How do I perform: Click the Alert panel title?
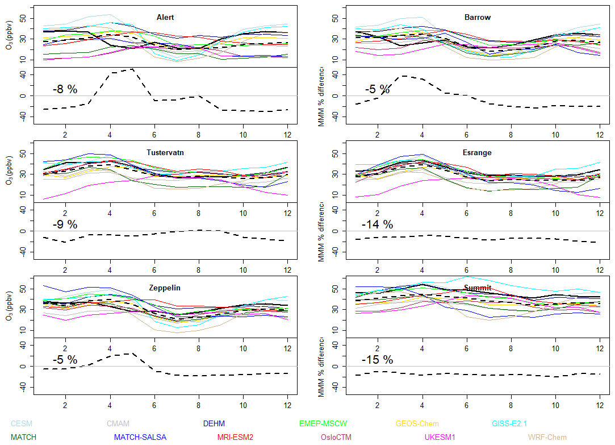click(x=165, y=18)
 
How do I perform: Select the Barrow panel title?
click(x=478, y=18)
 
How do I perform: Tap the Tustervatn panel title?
click(x=165, y=153)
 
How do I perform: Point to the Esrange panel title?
click(x=478, y=153)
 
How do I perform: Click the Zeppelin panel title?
click(x=165, y=288)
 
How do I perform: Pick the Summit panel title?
click(x=478, y=288)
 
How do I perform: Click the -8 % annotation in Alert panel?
click(x=65, y=89)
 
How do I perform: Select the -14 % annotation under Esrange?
click(x=377, y=224)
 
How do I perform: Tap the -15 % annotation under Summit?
click(x=377, y=360)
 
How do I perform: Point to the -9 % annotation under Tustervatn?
click(x=65, y=224)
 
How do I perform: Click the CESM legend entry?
click(x=22, y=423)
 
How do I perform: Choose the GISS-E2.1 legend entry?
click(x=511, y=423)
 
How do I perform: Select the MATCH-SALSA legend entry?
click(x=140, y=437)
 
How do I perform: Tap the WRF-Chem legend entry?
click(x=547, y=437)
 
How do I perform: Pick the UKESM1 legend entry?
click(x=440, y=437)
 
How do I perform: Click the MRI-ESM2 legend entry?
click(x=235, y=437)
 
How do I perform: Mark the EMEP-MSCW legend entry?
click(x=323, y=423)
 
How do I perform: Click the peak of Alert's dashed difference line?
click(x=132, y=69)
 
